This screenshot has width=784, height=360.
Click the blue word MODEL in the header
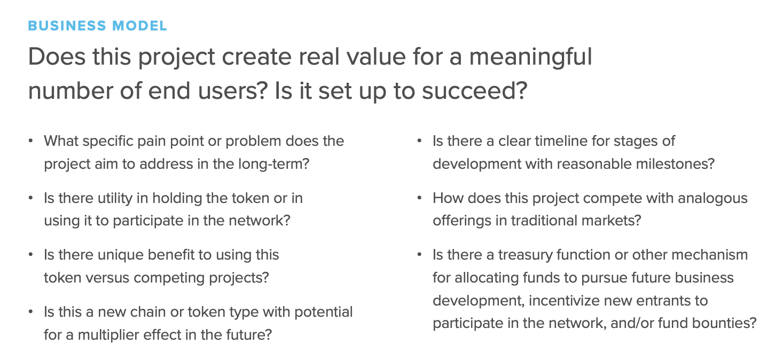(139, 26)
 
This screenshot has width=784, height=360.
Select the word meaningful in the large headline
(531, 57)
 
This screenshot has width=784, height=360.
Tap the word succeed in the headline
(474, 91)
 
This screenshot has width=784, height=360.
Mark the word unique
(121, 255)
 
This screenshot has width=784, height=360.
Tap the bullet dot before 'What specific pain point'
(31, 141)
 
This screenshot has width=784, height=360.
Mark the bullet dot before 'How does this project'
(420, 198)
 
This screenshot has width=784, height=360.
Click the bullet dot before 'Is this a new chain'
(31, 312)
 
